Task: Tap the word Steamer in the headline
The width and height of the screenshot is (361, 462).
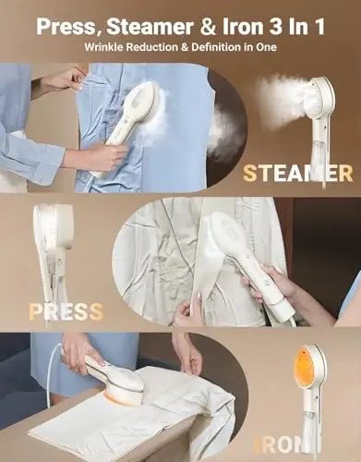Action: (x=150, y=27)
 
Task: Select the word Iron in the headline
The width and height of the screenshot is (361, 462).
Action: (x=242, y=27)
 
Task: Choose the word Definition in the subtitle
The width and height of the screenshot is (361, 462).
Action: (x=215, y=47)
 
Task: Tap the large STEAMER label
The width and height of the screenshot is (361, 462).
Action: (x=297, y=174)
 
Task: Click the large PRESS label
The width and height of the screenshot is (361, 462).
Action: (x=66, y=311)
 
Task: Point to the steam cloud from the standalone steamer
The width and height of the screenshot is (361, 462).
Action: (x=279, y=92)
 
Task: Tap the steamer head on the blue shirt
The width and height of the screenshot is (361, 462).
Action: (x=144, y=107)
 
